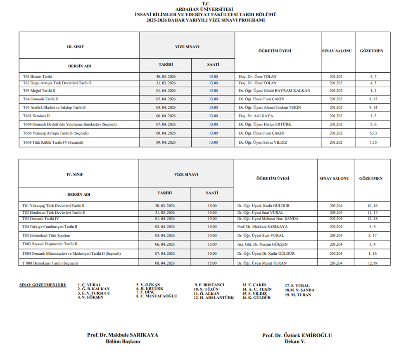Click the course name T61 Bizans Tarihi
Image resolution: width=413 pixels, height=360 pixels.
pyautogui.click(x=38, y=77)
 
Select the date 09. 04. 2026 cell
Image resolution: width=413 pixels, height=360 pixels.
pyautogui.click(x=166, y=142)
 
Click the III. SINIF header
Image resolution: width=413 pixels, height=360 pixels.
pyautogui.click(x=76, y=47)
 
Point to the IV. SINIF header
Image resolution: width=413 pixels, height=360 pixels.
pyautogui.click(x=75, y=175)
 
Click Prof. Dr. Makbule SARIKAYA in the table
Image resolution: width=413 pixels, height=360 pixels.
pyautogui.click(x=262, y=227)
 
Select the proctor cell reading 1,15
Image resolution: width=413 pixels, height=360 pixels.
pyautogui.click(x=373, y=142)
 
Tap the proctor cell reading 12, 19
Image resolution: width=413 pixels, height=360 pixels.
pyautogui.click(x=372, y=263)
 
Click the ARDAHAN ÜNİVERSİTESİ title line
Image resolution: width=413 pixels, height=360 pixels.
pyautogui.click(x=204, y=9)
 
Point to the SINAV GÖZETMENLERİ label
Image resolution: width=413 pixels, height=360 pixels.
pyautogui.click(x=43, y=285)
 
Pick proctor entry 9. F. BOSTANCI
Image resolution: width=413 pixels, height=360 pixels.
pyautogui.click(x=209, y=285)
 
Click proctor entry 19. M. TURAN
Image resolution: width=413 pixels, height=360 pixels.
pyautogui.click(x=298, y=295)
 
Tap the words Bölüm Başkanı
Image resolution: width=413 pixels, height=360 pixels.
pyautogui.click(x=123, y=341)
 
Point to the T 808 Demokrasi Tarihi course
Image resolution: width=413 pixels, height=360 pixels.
pyautogui.click(x=50, y=263)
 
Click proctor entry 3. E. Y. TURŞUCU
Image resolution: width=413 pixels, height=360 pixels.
pyautogui.click(x=94, y=293)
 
